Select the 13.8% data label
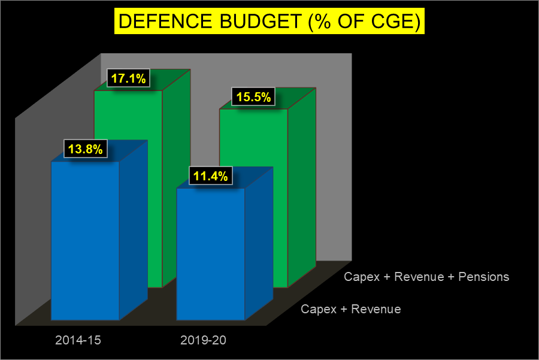85,149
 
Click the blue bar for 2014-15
85,240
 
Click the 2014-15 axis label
78,340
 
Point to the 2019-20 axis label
204,340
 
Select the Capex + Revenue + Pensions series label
426,277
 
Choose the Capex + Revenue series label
350,309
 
